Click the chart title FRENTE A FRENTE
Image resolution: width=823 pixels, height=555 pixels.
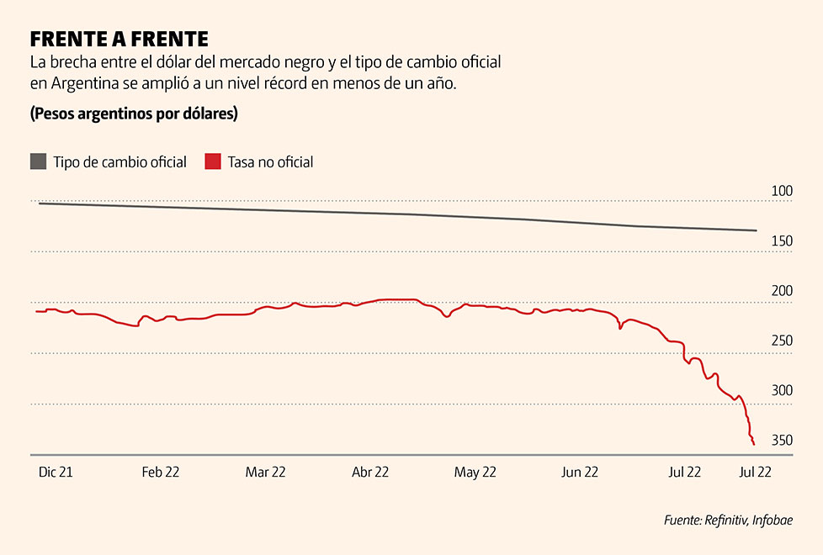pyautogui.click(x=119, y=39)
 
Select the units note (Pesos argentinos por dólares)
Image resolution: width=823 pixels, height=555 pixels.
pyautogui.click(x=134, y=114)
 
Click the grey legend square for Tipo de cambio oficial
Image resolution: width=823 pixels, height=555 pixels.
pyautogui.click(x=38, y=161)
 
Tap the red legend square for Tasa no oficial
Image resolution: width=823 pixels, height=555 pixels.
pyautogui.click(x=213, y=161)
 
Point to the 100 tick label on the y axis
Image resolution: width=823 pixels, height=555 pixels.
pyautogui.click(x=782, y=191)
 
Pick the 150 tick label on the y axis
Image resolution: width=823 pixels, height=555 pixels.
pyautogui.click(x=782, y=241)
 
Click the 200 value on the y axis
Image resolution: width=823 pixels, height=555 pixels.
pyautogui.click(x=782, y=291)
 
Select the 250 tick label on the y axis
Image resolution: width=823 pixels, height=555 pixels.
pyautogui.click(x=782, y=341)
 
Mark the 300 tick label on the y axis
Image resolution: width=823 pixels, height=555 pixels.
pyautogui.click(x=782, y=391)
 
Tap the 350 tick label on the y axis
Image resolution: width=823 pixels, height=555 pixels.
pyautogui.click(x=782, y=441)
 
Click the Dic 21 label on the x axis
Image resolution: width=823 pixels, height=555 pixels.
pyautogui.click(x=56, y=473)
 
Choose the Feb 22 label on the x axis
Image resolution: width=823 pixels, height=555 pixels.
pyautogui.click(x=160, y=473)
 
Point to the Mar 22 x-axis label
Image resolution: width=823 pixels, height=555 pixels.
pyautogui.click(x=265, y=473)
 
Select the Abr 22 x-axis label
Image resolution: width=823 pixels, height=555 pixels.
pyautogui.click(x=369, y=473)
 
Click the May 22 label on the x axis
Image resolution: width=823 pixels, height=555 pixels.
pyautogui.click(x=475, y=473)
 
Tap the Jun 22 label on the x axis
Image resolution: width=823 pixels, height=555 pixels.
pyautogui.click(x=579, y=473)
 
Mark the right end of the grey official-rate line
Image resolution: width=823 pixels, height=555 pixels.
pyautogui.click(x=756, y=230)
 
